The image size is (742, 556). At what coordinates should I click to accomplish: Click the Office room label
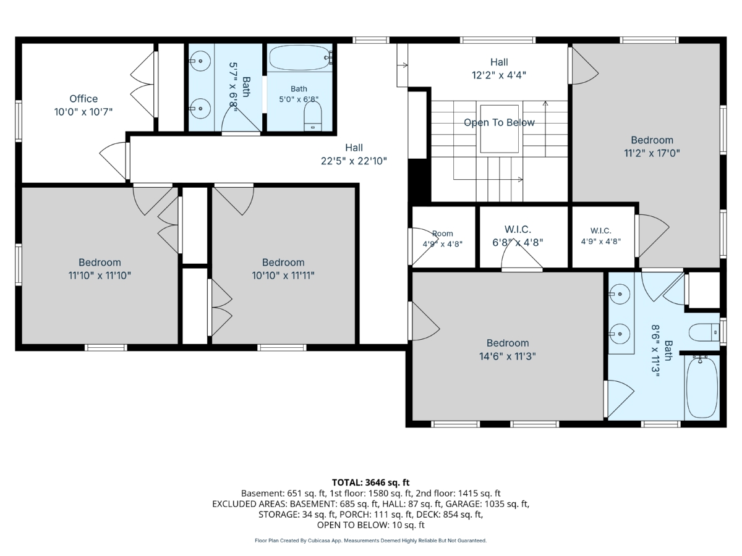point(83,99)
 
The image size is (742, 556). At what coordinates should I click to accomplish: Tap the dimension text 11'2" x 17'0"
point(652,153)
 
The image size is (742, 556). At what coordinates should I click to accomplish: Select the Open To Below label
point(499,122)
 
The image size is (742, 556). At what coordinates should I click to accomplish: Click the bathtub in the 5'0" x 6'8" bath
point(300,57)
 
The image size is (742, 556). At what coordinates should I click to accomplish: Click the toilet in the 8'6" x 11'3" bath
point(704,332)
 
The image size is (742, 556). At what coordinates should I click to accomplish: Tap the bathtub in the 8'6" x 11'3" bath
point(702,387)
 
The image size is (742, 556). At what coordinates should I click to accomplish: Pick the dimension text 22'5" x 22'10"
point(354,161)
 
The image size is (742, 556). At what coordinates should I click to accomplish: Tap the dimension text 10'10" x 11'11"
point(283,276)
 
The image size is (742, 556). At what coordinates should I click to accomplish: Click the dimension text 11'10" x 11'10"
point(100,276)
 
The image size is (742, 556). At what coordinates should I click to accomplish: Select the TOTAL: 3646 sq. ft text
point(370,482)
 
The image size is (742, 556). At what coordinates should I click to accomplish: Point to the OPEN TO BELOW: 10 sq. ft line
point(370,525)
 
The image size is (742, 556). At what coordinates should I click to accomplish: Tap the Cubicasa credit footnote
point(370,541)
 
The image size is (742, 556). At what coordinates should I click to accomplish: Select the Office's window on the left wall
point(19,120)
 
